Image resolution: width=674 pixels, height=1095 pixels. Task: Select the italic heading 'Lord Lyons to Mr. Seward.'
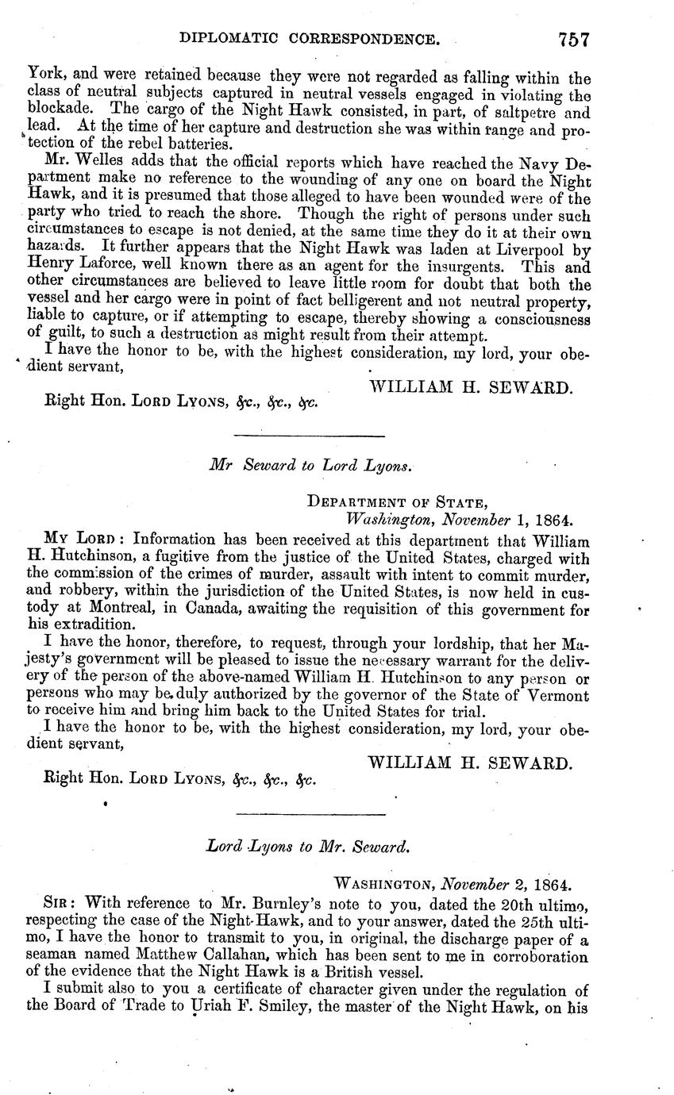[308, 847]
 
